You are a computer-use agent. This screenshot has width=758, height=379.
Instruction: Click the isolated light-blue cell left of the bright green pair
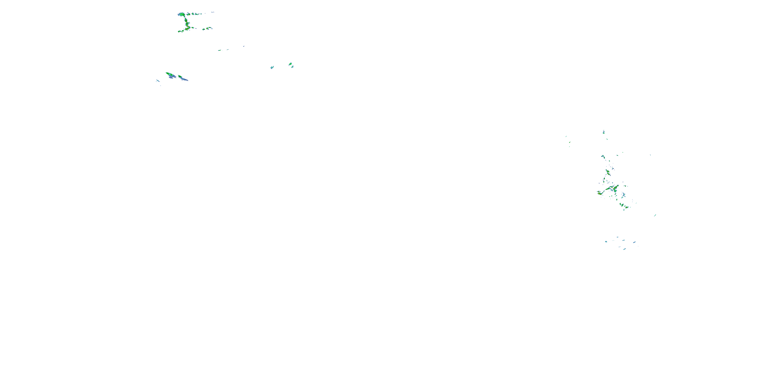272,67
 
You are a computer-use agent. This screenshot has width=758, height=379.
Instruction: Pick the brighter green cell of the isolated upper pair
290,64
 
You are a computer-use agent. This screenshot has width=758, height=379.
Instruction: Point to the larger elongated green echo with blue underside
170,75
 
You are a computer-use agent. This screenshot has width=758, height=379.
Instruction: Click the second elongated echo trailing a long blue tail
182,78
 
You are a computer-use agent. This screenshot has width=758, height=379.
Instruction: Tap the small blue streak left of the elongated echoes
158,81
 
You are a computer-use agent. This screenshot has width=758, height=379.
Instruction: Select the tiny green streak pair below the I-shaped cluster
220,50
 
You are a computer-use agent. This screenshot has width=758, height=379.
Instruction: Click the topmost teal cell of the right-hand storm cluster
604,132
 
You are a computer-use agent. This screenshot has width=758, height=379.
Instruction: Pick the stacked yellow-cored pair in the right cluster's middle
608,172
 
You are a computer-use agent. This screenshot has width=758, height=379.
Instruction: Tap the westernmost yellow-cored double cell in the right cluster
599,193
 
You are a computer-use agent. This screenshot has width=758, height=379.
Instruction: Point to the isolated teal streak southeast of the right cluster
655,215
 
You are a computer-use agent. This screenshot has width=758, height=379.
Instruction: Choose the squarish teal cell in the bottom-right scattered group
606,242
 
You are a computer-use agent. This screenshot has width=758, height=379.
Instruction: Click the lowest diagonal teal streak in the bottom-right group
624,249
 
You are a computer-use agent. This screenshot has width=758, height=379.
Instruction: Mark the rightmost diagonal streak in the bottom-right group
634,242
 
